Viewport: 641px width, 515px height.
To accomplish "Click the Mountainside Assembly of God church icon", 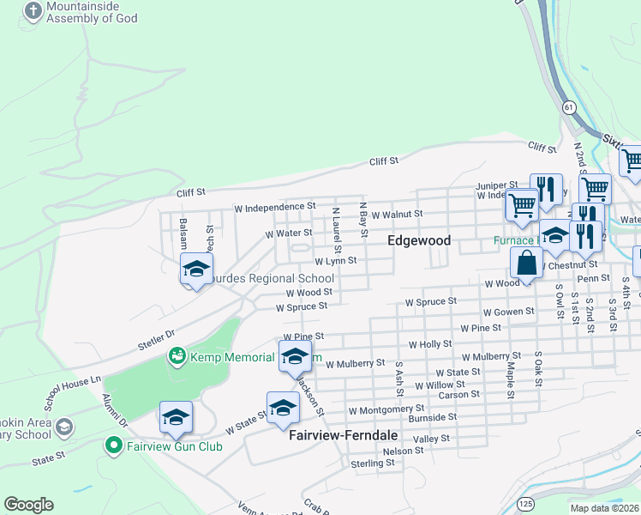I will click(x=33, y=11).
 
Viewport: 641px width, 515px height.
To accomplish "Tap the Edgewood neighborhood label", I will click(x=419, y=241).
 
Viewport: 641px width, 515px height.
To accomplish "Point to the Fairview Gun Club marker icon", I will click(x=112, y=445).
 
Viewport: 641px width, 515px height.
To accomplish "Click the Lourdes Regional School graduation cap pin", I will click(x=196, y=270).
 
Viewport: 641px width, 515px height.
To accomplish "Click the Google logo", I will click(x=28, y=505).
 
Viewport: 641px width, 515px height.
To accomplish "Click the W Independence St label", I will click(x=275, y=208).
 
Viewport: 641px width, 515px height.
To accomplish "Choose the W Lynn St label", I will click(x=335, y=261).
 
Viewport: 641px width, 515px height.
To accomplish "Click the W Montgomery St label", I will click(x=386, y=411).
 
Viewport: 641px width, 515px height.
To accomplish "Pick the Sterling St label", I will click(x=373, y=463).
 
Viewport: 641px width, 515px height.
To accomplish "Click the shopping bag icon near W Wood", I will click(x=526, y=264).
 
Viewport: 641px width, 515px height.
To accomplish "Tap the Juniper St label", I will click(x=497, y=185).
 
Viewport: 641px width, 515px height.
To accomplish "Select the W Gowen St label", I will click(x=509, y=312).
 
